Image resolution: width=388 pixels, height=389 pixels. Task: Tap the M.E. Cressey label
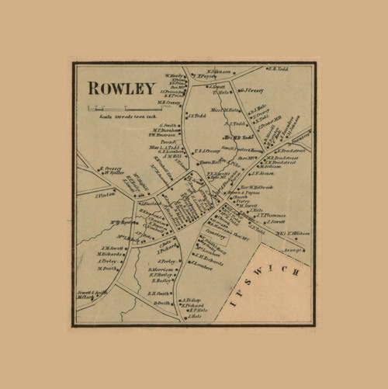170,102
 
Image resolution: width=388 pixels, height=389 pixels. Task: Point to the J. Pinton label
105,196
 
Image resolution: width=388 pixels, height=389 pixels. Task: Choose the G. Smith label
166,125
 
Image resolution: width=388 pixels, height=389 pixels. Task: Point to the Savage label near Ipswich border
293,250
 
